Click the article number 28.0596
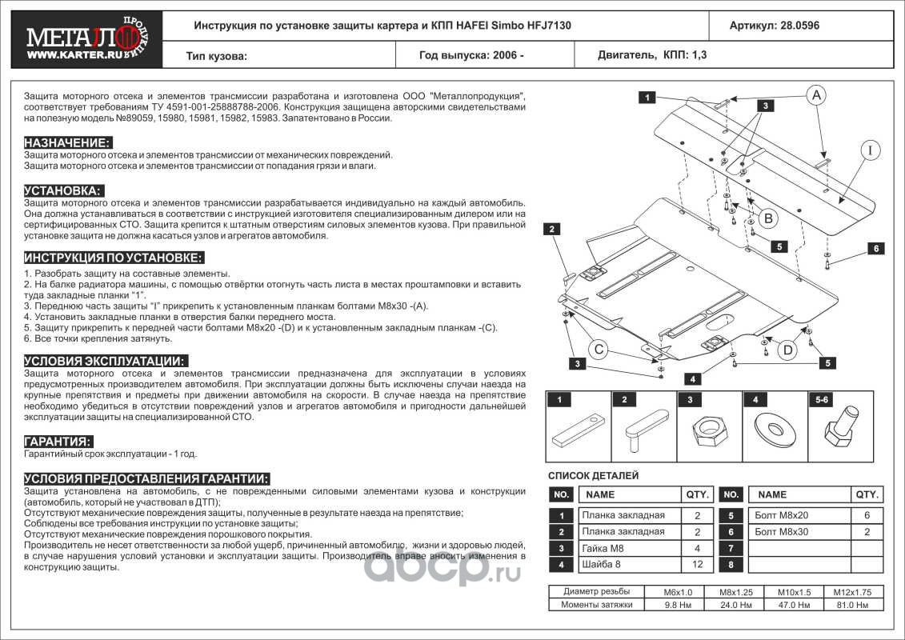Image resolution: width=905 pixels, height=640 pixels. (774, 25)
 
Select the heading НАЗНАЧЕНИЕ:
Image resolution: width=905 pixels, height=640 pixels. (67, 142)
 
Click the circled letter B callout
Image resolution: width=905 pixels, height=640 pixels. (767, 217)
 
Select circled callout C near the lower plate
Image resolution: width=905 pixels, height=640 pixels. (601, 348)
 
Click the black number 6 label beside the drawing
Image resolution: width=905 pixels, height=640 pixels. (876, 249)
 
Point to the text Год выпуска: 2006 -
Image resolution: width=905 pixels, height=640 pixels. (471, 56)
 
